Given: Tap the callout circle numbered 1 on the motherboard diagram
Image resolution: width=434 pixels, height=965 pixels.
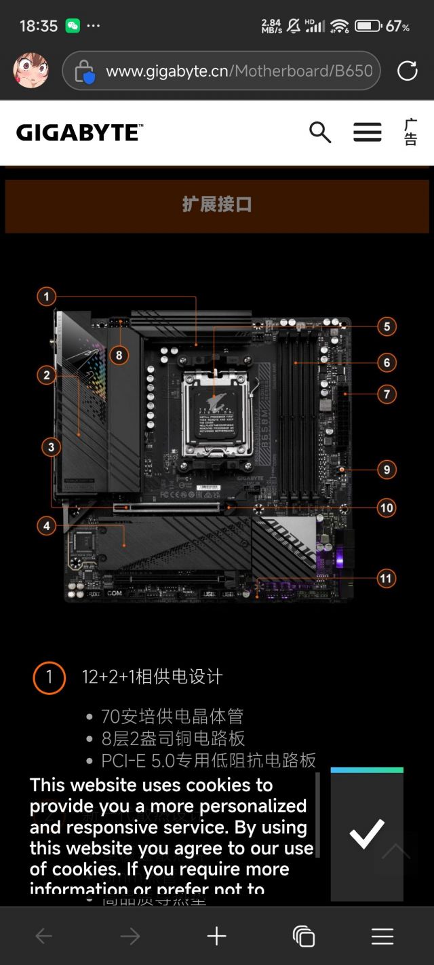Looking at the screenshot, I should point(46,297).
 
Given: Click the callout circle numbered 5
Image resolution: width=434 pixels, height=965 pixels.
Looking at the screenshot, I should point(387,326).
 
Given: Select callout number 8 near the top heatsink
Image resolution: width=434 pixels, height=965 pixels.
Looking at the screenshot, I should point(119,355).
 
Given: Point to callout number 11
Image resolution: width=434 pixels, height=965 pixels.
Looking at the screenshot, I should point(386,579).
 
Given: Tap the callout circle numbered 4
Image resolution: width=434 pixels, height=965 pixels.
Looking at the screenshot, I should point(46,525).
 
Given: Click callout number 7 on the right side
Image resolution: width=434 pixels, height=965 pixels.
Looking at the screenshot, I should point(387,394).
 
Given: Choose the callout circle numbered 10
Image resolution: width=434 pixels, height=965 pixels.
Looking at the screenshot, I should point(387,508).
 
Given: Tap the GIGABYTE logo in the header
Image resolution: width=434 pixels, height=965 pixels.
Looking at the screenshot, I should point(79,132).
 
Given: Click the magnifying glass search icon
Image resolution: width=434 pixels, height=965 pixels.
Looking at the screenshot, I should point(320,132).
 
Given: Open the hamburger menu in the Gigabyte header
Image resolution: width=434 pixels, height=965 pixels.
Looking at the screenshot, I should point(367,132).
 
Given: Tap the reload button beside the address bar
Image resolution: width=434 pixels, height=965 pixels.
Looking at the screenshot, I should point(407,71).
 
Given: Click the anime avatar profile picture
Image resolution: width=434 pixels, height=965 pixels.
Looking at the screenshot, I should point(31,71).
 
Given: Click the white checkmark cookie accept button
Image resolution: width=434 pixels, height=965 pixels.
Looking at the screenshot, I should point(367,835).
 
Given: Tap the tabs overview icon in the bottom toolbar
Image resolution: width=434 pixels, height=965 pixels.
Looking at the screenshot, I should point(303,936).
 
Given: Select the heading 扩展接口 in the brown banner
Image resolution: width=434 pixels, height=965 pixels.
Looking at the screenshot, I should point(217,205).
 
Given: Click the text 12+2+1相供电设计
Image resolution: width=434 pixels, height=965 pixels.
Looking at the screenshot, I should point(152,677).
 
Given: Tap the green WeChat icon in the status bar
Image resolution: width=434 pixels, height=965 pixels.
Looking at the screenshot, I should point(73,26).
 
